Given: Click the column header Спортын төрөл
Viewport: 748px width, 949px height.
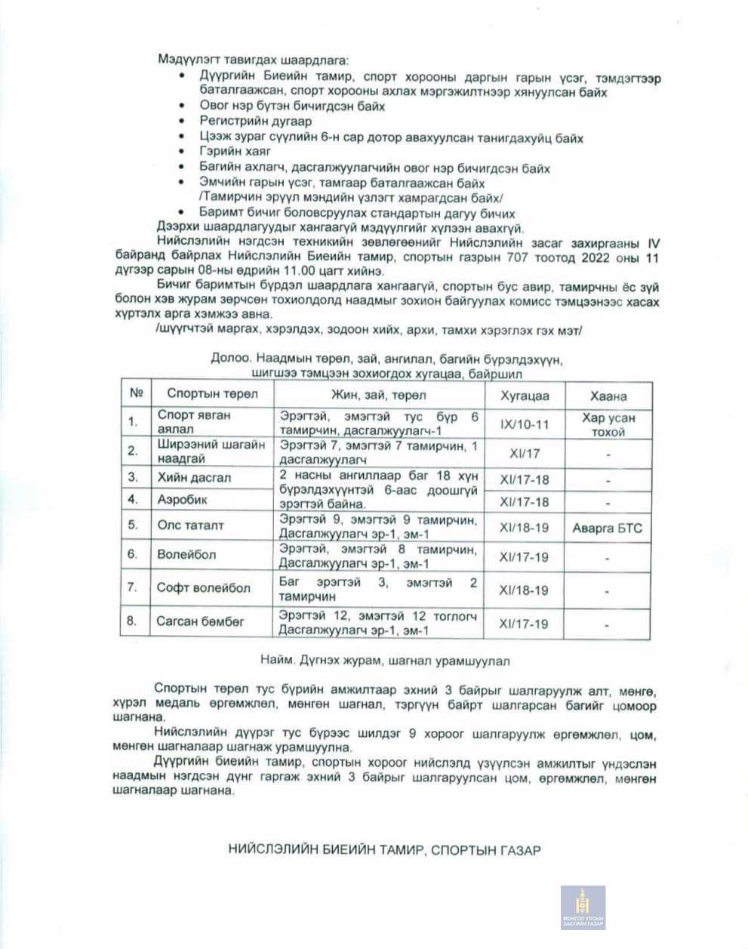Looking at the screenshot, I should [212, 394].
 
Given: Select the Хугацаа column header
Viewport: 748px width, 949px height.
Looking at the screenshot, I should [525, 395].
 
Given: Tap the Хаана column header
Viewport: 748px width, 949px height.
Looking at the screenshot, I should [608, 395].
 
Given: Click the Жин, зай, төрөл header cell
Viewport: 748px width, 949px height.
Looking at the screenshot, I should [378, 394].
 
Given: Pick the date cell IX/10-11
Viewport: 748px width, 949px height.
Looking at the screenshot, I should [525, 424].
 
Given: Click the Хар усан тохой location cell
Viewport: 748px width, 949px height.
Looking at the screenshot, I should [608, 424].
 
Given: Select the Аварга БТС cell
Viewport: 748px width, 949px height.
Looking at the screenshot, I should [608, 528].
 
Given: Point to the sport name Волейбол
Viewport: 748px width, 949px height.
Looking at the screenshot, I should [186, 554].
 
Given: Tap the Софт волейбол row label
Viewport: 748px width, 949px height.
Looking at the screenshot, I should [203, 587].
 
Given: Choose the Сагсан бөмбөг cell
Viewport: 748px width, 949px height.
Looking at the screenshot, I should [201, 621].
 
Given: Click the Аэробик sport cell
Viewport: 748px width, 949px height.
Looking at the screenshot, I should [182, 499].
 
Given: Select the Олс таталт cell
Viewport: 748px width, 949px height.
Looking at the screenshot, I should [190, 525].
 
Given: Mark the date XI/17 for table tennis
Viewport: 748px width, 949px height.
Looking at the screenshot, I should [525, 454].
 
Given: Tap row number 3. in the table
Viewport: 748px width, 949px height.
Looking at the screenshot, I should [133, 477].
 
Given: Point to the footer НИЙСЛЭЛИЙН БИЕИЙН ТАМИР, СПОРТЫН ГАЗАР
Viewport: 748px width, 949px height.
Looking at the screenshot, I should [384, 849].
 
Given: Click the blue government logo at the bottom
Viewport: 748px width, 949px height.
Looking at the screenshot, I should [583, 907].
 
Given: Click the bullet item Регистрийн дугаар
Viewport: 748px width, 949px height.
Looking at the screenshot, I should [255, 121].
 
